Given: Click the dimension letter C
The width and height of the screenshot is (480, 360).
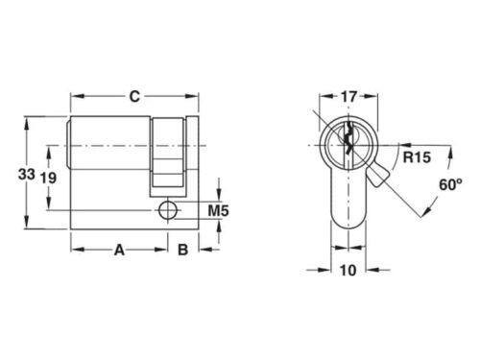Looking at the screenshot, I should (x=134, y=95).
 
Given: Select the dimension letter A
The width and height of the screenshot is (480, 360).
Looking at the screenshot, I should (x=120, y=251).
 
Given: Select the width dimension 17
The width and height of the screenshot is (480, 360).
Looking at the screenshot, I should (x=349, y=96).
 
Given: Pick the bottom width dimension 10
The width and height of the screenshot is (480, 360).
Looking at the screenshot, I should (x=348, y=271).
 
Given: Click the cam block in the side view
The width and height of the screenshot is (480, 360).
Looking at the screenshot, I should (x=167, y=155).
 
